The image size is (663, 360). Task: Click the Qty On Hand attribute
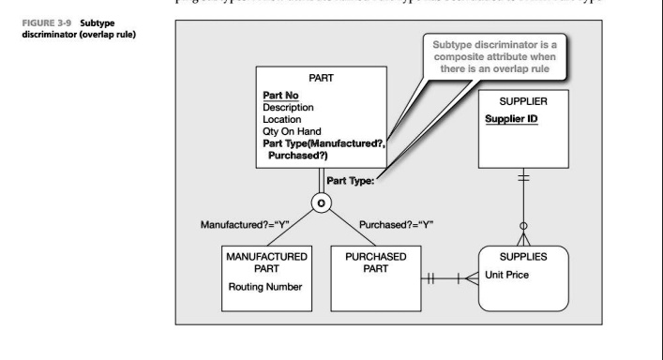(x=298, y=133)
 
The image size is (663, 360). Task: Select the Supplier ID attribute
(x=517, y=119)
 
